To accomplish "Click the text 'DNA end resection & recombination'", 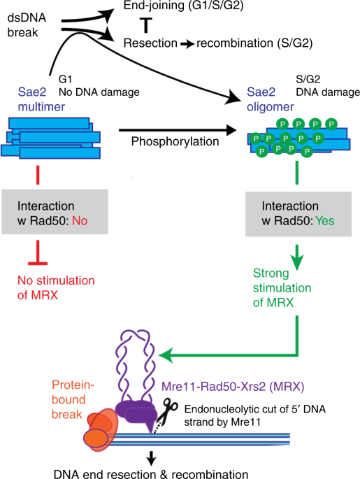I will tap(151, 472).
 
